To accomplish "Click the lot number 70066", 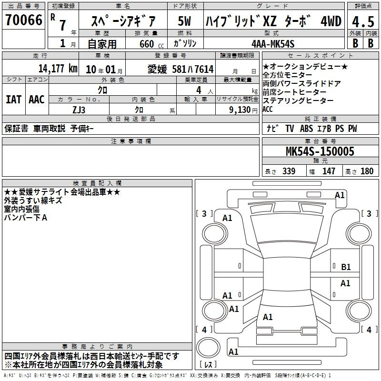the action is [24, 20].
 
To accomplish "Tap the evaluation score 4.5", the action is [363, 21].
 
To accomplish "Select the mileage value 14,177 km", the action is [58, 69].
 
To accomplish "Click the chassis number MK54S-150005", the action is [320, 151].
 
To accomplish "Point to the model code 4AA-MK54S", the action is [273, 44].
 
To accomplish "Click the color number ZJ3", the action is [79, 110].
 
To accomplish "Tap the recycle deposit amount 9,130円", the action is [243, 110].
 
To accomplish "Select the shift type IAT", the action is [14, 100].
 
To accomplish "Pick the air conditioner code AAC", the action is [37, 100].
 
